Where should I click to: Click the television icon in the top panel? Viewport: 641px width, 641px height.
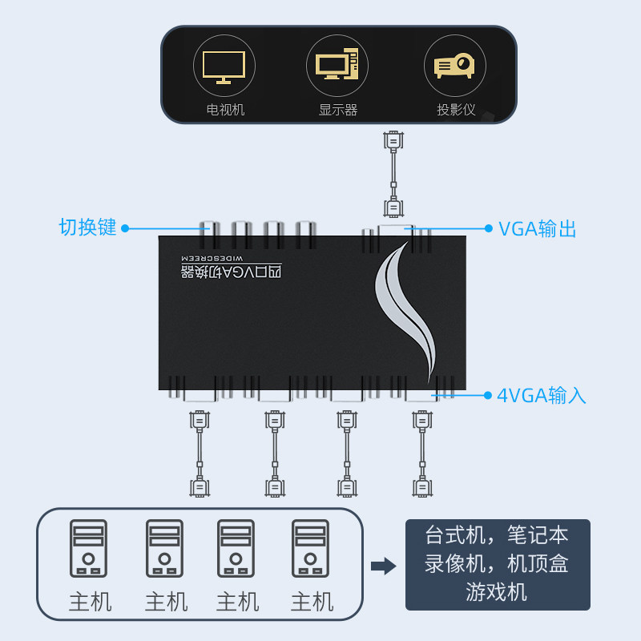tap(224, 66)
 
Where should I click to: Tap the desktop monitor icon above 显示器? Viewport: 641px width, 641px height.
tap(337, 66)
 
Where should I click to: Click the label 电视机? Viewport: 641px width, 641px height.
tap(224, 110)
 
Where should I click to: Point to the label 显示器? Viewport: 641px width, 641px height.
tap(337, 110)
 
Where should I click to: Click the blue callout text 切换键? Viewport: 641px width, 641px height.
tap(88, 228)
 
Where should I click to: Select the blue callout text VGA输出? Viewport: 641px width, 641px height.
tap(538, 229)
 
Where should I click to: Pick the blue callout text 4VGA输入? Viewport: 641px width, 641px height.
tap(542, 395)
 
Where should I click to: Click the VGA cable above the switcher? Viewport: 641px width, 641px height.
tap(393, 175)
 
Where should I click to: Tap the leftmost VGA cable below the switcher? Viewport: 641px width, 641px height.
tap(199, 453)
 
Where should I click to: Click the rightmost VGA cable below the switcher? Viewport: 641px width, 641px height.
tap(421, 453)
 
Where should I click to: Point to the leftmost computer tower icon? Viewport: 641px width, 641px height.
tap(88, 548)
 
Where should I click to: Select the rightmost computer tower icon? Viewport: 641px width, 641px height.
tap(311, 548)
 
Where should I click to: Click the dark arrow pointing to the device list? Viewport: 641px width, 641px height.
tap(384, 566)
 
